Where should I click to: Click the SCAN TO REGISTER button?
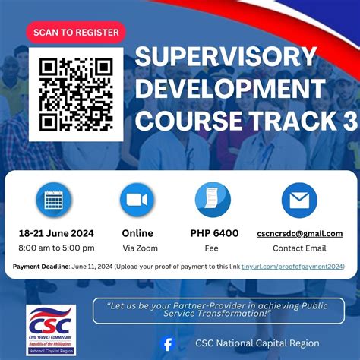pyautogui.click(x=76, y=33)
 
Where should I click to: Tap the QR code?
pyautogui.click(x=75, y=93)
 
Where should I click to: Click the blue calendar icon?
pyautogui.click(x=54, y=201)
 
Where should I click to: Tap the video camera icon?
pyautogui.click(x=137, y=201)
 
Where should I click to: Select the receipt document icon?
pyautogui.click(x=213, y=201)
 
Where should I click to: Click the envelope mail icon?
pyautogui.click(x=299, y=201)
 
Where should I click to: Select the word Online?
pyautogui.click(x=137, y=233)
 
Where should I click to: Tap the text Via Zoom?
pyautogui.click(x=137, y=248)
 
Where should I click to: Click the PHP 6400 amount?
pyautogui.click(x=214, y=233)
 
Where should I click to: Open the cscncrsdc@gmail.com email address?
pyautogui.click(x=299, y=233)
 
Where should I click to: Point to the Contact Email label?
pyautogui.click(x=299, y=248)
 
